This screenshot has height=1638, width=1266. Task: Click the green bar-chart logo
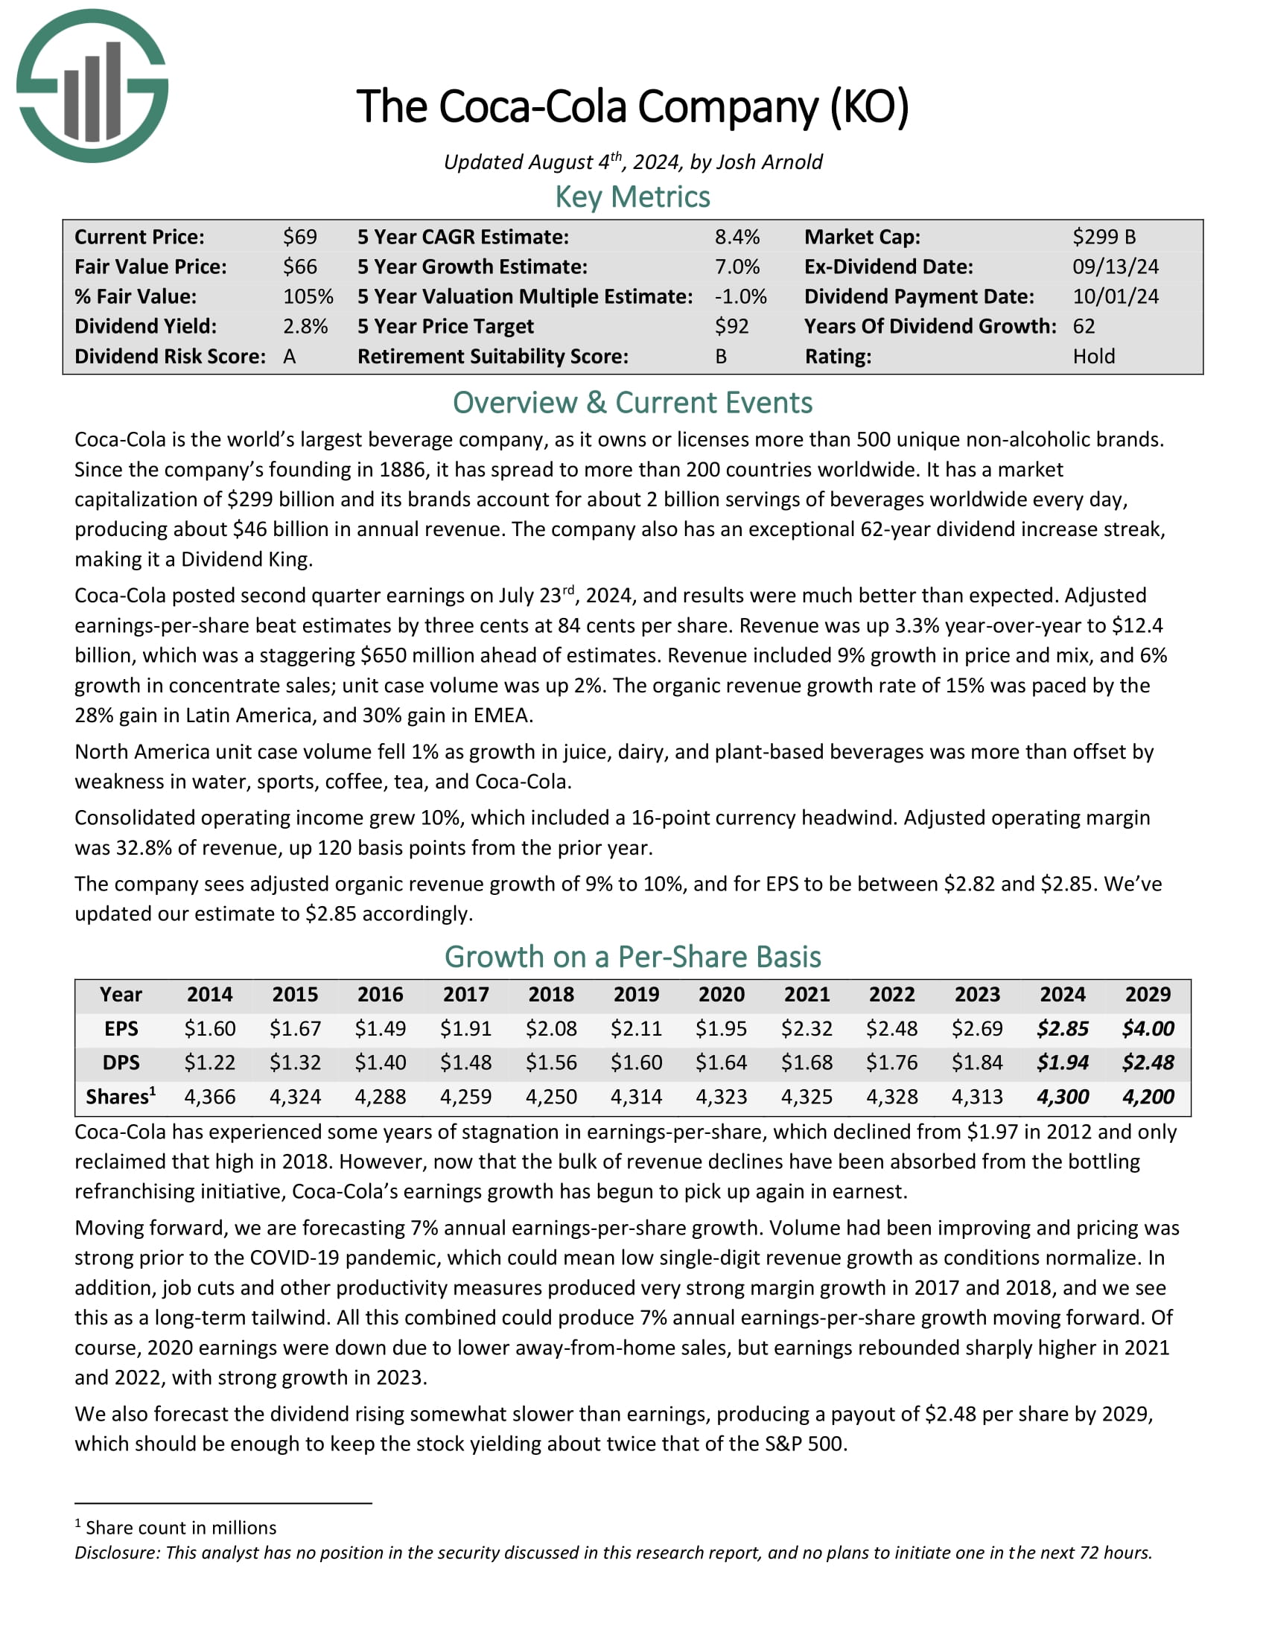point(92,86)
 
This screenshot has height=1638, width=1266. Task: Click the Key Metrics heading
point(632,197)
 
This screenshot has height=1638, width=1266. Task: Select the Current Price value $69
point(300,237)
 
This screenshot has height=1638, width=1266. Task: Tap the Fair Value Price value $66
point(300,267)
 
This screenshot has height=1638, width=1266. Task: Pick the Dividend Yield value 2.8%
point(305,326)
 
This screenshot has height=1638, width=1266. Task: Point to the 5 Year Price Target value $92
point(731,326)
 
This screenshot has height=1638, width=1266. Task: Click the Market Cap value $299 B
point(1103,237)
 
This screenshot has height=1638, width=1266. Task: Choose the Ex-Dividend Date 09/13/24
point(1116,267)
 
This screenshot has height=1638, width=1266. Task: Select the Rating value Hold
point(1093,356)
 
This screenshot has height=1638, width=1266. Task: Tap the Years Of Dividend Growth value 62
point(1084,326)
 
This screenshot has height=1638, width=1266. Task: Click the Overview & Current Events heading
point(632,403)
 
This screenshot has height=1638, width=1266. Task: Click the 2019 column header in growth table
point(636,995)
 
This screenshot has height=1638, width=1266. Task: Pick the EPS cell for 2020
point(721,1028)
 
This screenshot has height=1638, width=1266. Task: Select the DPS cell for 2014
point(210,1062)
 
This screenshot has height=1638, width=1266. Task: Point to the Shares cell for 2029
point(1148,1097)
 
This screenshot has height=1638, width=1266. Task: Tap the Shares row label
point(120,1097)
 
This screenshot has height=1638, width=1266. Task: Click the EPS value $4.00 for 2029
point(1148,1028)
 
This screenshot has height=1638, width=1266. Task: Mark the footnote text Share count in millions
point(181,1528)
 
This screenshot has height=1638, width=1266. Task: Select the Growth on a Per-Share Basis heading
point(632,957)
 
